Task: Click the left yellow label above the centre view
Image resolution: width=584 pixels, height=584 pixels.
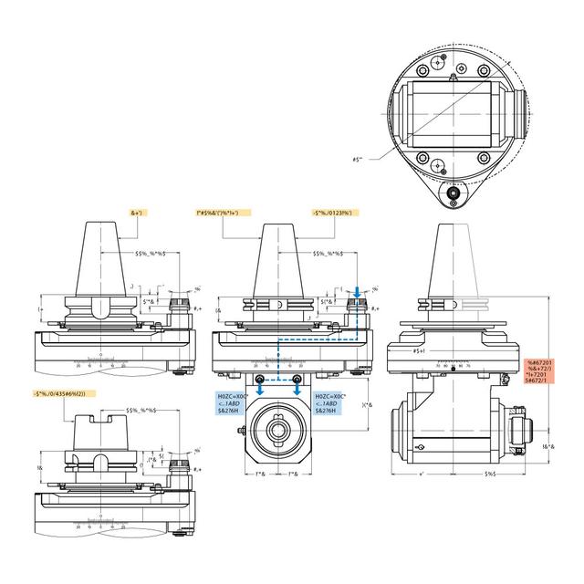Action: click(224, 212)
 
